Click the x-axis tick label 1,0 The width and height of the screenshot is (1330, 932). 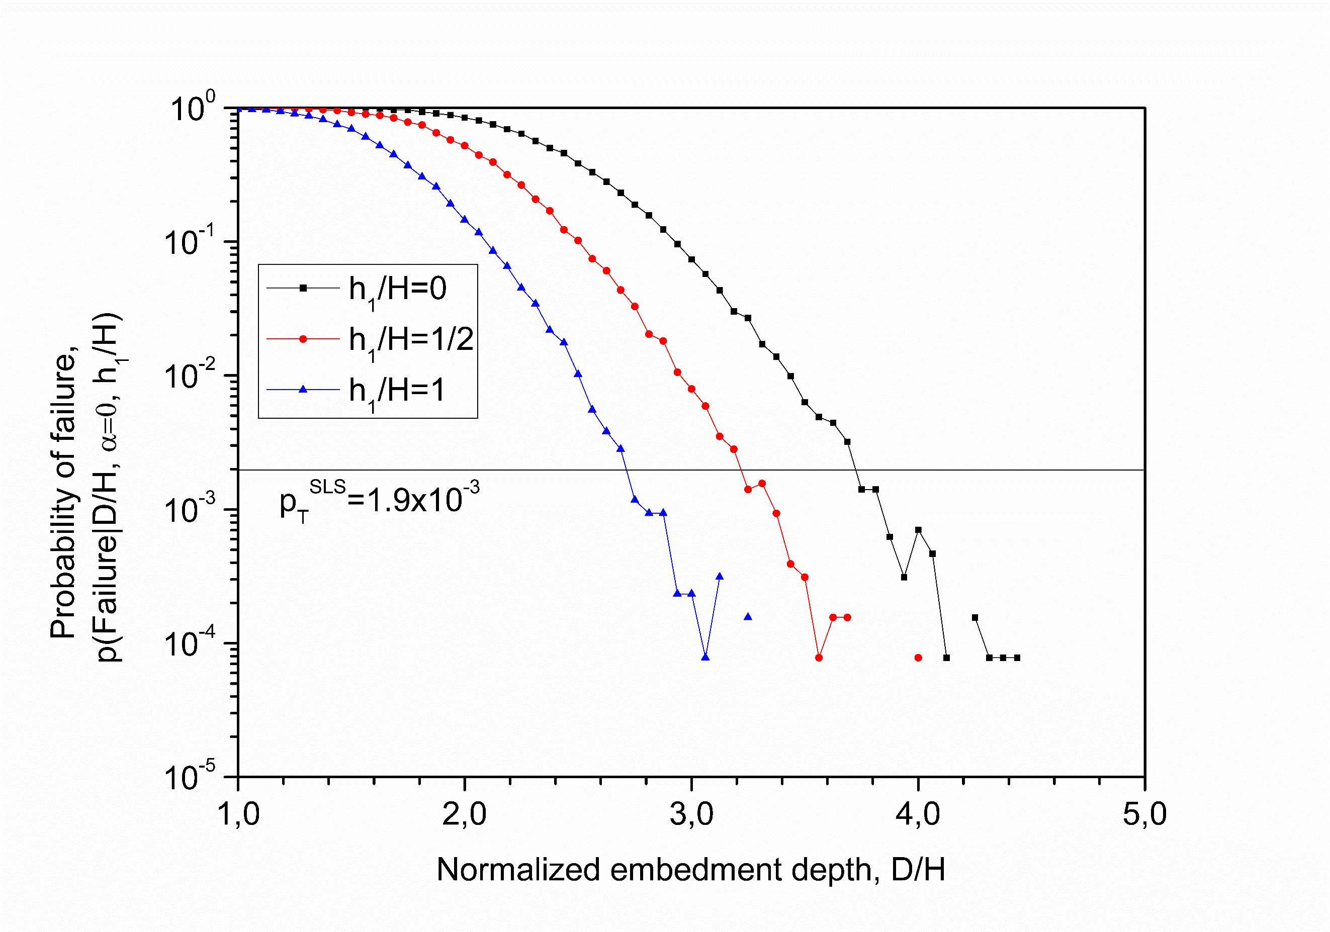pos(238,814)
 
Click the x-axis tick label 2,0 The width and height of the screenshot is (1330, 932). pos(464,814)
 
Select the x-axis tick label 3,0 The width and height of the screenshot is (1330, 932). pos(691,814)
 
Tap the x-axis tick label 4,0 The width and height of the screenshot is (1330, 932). pos(918,814)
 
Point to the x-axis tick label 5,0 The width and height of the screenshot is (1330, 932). pos(1144,814)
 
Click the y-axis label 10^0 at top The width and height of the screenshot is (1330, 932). pos(192,107)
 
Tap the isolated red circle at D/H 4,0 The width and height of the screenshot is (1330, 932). pos(918,658)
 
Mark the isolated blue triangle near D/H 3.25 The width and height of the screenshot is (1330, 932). pos(748,617)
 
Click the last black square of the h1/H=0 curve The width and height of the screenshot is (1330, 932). pos(1017,658)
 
